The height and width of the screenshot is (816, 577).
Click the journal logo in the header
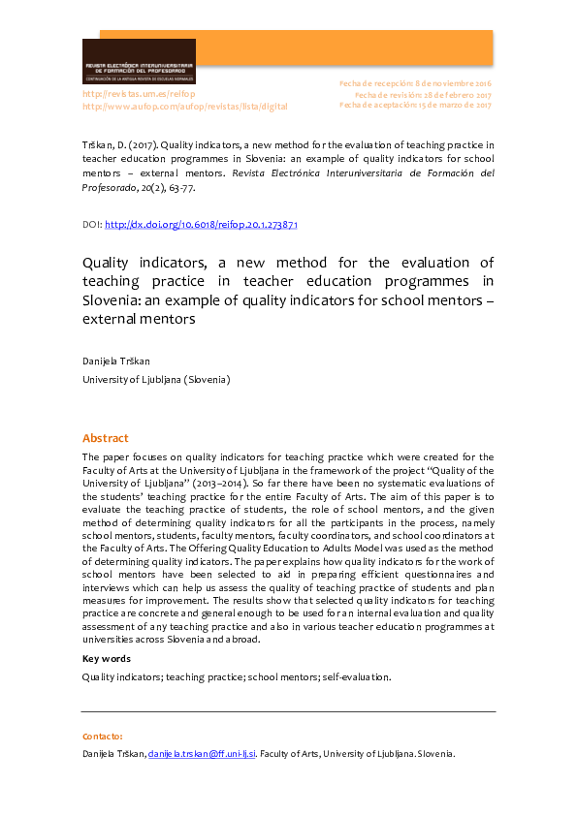click(x=139, y=61)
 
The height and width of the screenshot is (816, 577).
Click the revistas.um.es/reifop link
click(x=139, y=94)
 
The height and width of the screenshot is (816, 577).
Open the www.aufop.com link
click(x=184, y=106)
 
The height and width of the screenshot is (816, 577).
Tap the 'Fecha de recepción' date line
click(x=415, y=84)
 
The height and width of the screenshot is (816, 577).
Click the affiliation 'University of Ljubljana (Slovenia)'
click(x=155, y=379)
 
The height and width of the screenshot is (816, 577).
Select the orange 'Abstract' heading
click(x=105, y=438)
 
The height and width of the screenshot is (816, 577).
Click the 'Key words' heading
click(x=106, y=658)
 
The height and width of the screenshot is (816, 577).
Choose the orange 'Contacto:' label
click(x=102, y=737)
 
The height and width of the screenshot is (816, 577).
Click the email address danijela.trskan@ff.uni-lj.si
click(x=202, y=754)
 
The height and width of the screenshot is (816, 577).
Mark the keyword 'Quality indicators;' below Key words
click(x=121, y=676)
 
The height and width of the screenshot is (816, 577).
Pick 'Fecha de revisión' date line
click(x=423, y=95)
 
